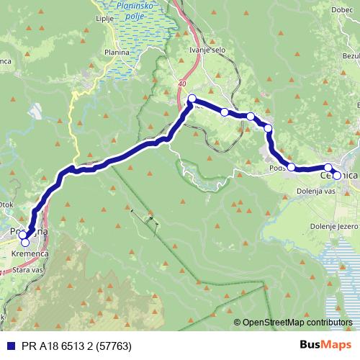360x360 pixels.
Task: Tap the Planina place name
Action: [x=116, y=53]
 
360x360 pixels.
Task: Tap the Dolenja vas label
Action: [x=316, y=192]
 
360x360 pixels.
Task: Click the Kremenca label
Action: [x=28, y=255]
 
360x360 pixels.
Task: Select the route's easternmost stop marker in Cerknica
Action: [x=337, y=175]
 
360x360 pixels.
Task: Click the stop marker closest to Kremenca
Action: [x=26, y=243]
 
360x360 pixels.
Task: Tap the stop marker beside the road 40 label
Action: [x=192, y=99]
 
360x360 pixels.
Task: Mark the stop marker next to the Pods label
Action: [x=292, y=167]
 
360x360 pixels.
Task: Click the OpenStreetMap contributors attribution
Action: [x=293, y=323]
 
